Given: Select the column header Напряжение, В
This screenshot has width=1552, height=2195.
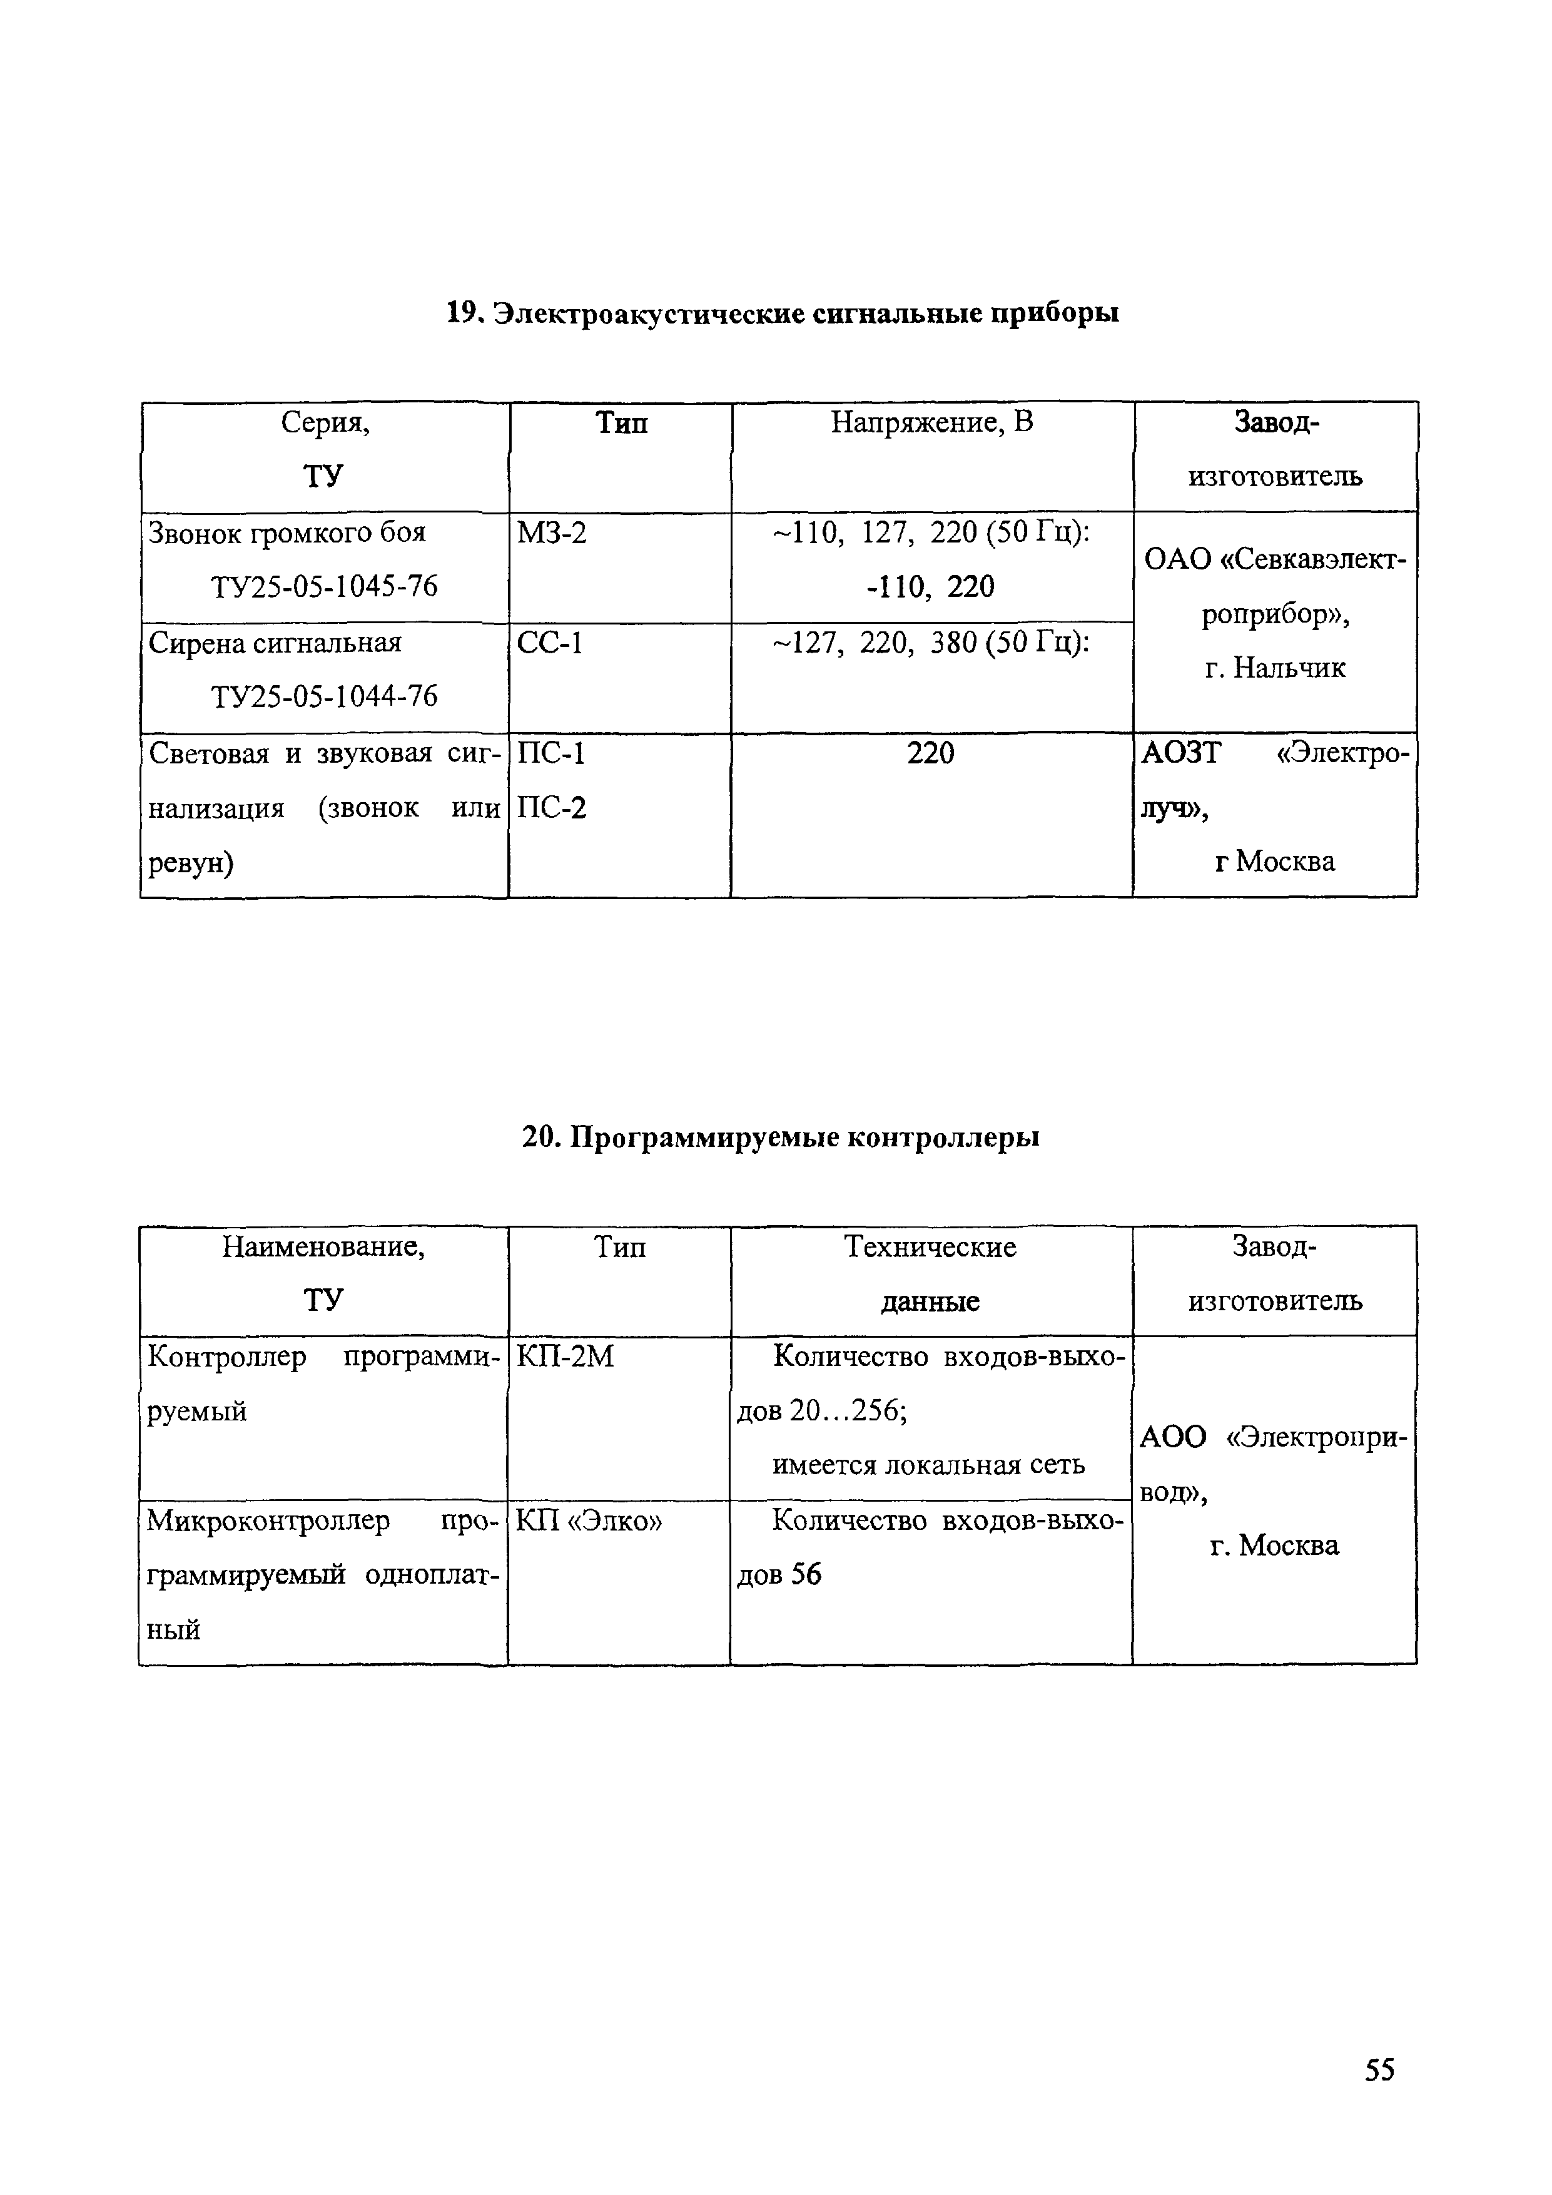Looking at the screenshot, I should point(932,422).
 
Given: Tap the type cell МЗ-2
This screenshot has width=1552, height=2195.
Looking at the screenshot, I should point(551,532).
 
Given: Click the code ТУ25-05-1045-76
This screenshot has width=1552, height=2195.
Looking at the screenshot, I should point(324,586).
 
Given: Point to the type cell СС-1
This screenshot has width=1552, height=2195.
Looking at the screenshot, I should point(549,643).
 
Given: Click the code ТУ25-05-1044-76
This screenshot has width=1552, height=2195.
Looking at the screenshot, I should point(324,696).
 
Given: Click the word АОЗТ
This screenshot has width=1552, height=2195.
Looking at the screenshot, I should point(1180,753).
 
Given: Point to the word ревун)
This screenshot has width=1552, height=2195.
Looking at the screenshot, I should point(191,862).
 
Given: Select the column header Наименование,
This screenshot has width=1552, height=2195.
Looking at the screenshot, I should point(323,1246).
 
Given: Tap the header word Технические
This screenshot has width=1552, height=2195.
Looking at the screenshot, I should point(930,1246).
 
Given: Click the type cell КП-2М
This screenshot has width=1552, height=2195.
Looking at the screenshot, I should point(564,1357).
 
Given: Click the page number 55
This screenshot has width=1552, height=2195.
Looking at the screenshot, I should point(1379,2070).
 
